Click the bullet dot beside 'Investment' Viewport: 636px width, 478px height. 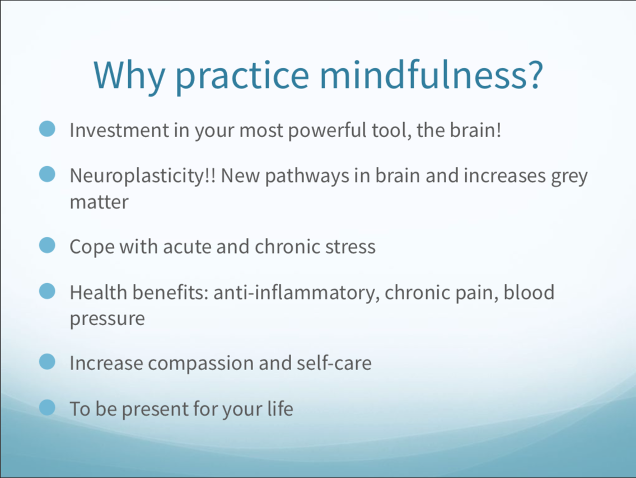pyautogui.click(x=47, y=129)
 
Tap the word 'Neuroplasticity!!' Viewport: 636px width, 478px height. pyautogui.click(x=142, y=176)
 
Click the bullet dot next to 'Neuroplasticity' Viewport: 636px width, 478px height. pyautogui.click(x=47, y=174)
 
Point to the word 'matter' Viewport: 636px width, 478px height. pyautogui.click(x=99, y=202)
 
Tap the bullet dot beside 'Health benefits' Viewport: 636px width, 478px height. pyautogui.click(x=47, y=291)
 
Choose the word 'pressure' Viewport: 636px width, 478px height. pyautogui.click(x=107, y=319)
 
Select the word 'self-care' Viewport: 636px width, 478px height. pyautogui.click(x=334, y=363)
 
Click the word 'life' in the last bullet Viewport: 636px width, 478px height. pyautogui.click(x=280, y=408)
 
